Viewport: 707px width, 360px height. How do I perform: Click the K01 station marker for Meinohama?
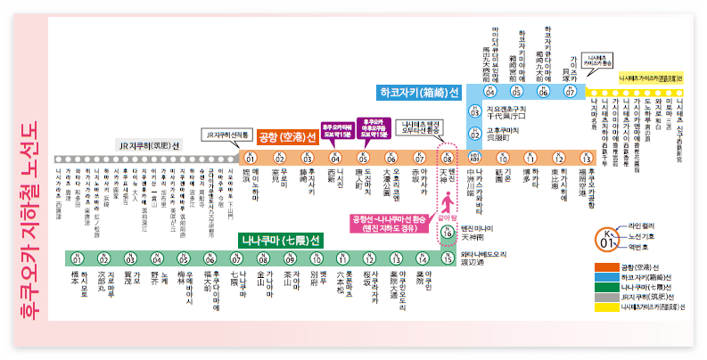[251, 158]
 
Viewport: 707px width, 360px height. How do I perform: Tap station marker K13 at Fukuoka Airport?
[586, 158]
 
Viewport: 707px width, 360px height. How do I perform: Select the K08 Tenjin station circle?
[448, 158]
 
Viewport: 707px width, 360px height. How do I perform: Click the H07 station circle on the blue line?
[570, 91]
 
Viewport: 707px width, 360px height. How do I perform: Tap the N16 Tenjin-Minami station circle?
[448, 233]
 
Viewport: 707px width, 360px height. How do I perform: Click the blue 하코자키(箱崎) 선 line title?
[418, 92]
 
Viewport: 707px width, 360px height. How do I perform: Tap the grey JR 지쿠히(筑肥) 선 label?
[149, 144]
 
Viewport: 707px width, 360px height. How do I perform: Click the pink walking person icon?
[447, 193]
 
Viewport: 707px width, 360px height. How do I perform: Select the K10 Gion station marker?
[503, 158]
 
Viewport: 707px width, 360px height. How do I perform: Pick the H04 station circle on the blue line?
[489, 91]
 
